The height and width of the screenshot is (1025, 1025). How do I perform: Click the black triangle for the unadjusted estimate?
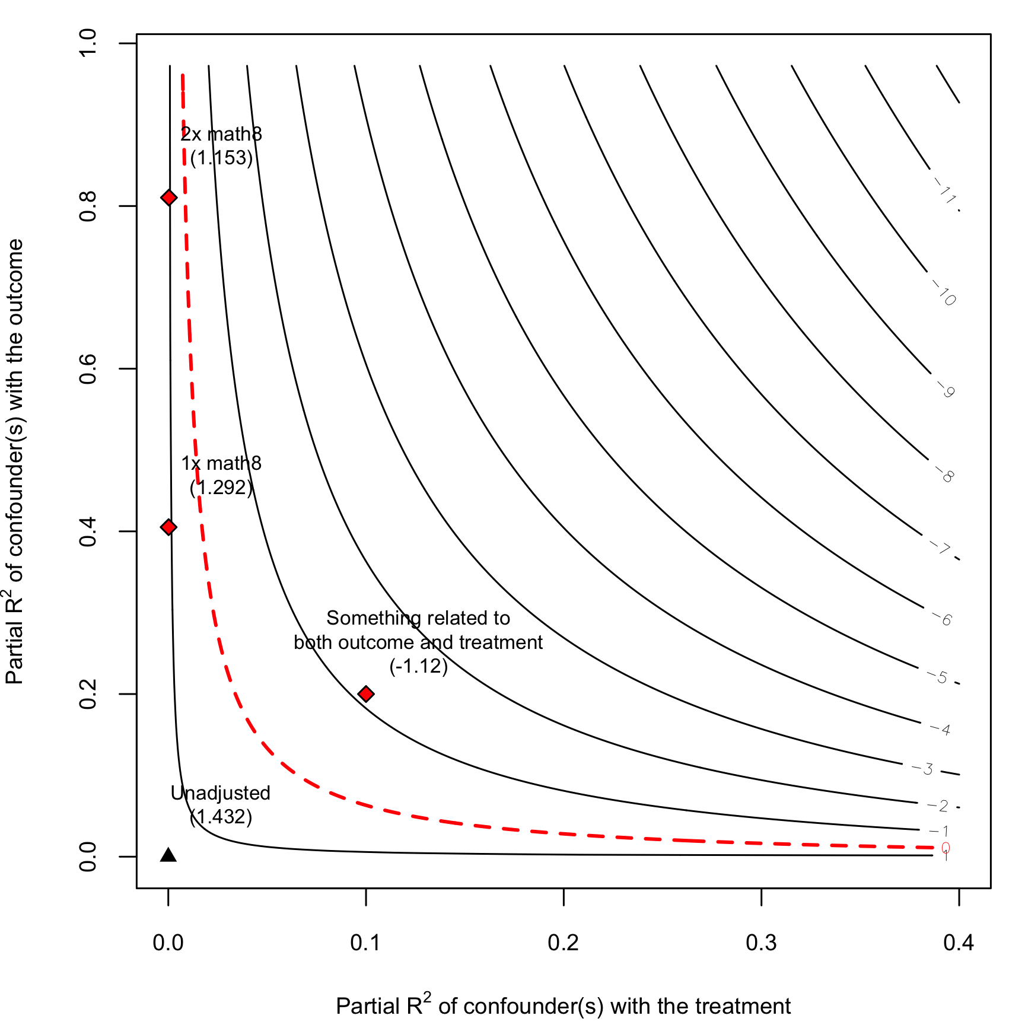pos(168,855)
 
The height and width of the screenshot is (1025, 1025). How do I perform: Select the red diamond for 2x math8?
pos(169,198)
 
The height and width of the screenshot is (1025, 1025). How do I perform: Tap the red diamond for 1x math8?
pos(169,527)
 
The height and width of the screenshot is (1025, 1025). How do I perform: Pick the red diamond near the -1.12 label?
pos(366,694)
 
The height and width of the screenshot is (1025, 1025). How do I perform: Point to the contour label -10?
pos(944,293)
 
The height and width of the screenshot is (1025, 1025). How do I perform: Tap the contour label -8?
pos(945,475)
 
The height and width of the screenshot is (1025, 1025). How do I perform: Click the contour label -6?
pos(943,619)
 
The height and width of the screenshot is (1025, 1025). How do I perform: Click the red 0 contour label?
pos(946,848)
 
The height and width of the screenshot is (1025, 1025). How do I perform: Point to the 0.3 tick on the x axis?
pos(762,896)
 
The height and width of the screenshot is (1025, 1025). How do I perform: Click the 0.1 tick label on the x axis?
pos(365,942)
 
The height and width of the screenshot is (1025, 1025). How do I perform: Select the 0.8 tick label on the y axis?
pos(88,206)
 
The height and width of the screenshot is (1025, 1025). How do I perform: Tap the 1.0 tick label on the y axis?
pos(88,43)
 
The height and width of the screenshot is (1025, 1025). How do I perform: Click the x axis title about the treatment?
pos(563,1005)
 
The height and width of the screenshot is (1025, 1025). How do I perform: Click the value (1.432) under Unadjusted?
pos(221,817)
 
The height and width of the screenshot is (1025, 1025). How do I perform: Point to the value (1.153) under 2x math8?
pos(221,158)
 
